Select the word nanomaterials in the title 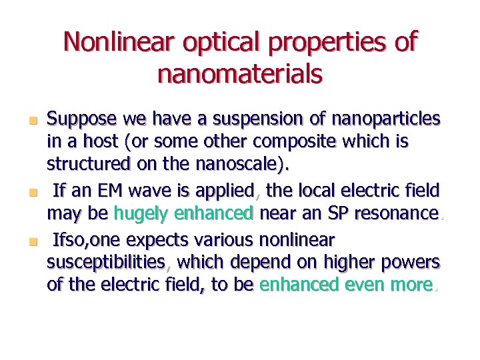pos(240,73)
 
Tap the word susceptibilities pos(106,262)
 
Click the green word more pos(411,285)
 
